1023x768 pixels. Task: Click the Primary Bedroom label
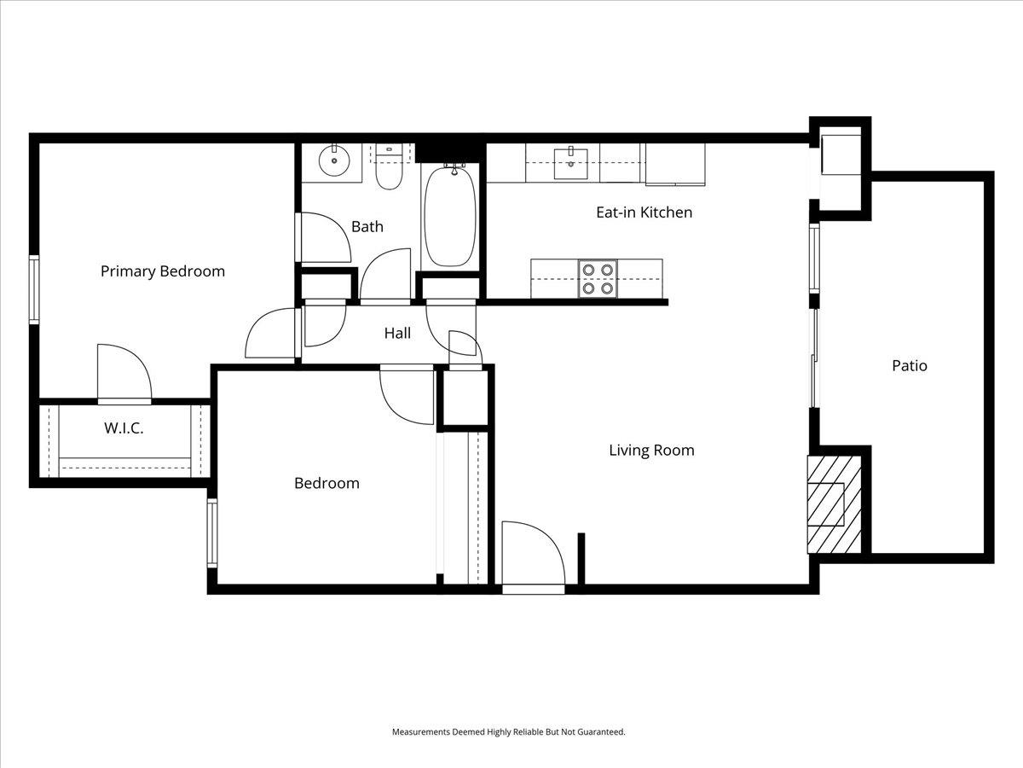pyautogui.click(x=163, y=271)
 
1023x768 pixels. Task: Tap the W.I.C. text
pyautogui.click(x=124, y=428)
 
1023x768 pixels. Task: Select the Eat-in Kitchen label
pyautogui.click(x=644, y=212)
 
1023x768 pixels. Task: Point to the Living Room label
pyautogui.click(x=651, y=450)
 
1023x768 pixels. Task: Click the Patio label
pyautogui.click(x=909, y=365)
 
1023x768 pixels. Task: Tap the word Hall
pyautogui.click(x=397, y=333)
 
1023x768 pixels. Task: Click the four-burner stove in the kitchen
pyautogui.click(x=597, y=278)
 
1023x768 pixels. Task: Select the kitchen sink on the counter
pyautogui.click(x=570, y=162)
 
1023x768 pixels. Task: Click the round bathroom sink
pyautogui.click(x=334, y=160)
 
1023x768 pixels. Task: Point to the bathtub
pyautogui.click(x=451, y=217)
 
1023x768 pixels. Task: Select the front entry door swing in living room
pyautogui.click(x=531, y=555)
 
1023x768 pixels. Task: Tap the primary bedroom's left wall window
pyautogui.click(x=34, y=288)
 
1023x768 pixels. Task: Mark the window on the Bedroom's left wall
pyautogui.click(x=212, y=534)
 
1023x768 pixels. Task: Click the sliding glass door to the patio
pyautogui.click(x=814, y=358)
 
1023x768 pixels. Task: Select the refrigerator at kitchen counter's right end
pyautogui.click(x=675, y=164)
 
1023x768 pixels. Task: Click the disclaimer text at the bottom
pyautogui.click(x=508, y=732)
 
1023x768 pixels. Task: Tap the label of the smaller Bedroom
pyautogui.click(x=327, y=483)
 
